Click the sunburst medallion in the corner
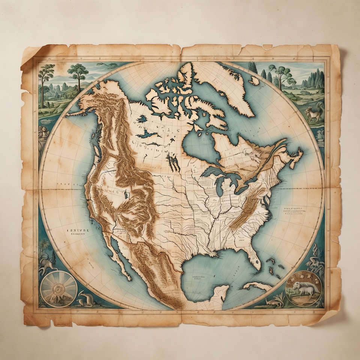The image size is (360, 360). tap(58, 289)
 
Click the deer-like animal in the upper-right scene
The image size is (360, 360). tap(314, 113)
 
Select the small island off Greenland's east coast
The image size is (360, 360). tap(254, 80)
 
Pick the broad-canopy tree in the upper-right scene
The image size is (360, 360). tap(281, 73)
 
